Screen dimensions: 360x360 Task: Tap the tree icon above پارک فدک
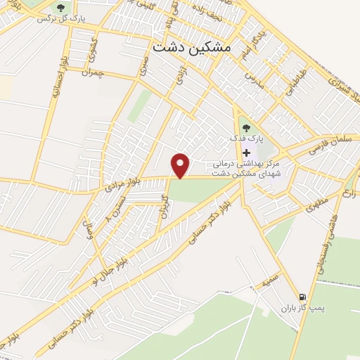(245, 128)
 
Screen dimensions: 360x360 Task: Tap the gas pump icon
(302, 297)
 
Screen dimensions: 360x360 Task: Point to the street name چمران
(92, 72)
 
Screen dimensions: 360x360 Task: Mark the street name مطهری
(316, 207)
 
